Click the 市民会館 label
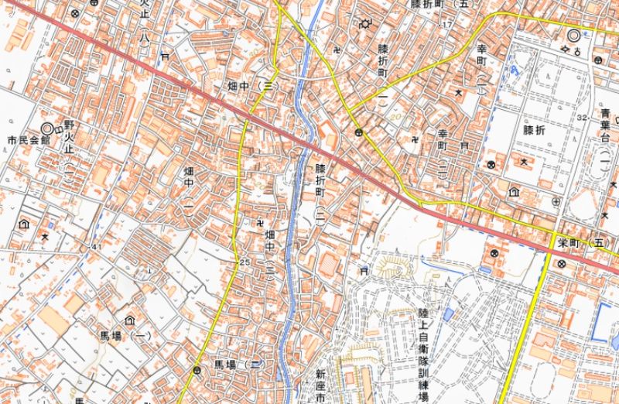28,141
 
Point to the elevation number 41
96,247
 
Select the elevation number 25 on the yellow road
244,263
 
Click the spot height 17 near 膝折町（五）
446,26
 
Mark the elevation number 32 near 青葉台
581,116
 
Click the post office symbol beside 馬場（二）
199,370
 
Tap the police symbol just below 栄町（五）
560,263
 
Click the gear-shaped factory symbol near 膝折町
365,24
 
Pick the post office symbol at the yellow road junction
358,133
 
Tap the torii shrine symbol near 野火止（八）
164,56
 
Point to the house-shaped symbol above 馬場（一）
129,319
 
